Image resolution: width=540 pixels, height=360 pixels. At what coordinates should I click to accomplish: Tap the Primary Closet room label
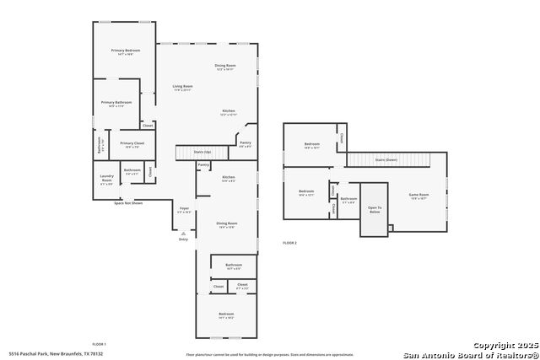point(132,144)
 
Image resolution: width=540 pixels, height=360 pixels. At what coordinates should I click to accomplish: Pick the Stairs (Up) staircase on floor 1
point(202,153)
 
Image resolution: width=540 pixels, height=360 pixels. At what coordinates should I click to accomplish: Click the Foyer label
point(184,209)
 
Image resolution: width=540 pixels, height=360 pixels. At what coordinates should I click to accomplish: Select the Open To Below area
point(374,210)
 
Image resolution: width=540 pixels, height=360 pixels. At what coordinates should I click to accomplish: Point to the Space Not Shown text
point(128,203)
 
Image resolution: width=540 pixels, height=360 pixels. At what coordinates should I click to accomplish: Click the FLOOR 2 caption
point(289,243)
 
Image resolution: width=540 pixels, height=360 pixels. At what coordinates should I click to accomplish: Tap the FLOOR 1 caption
point(99,344)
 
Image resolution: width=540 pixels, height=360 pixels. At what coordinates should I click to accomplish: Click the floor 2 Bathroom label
point(348,200)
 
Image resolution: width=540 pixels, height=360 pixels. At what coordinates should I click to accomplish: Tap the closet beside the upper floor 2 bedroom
point(341,137)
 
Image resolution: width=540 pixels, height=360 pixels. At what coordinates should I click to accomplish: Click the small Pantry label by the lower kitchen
point(202,164)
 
